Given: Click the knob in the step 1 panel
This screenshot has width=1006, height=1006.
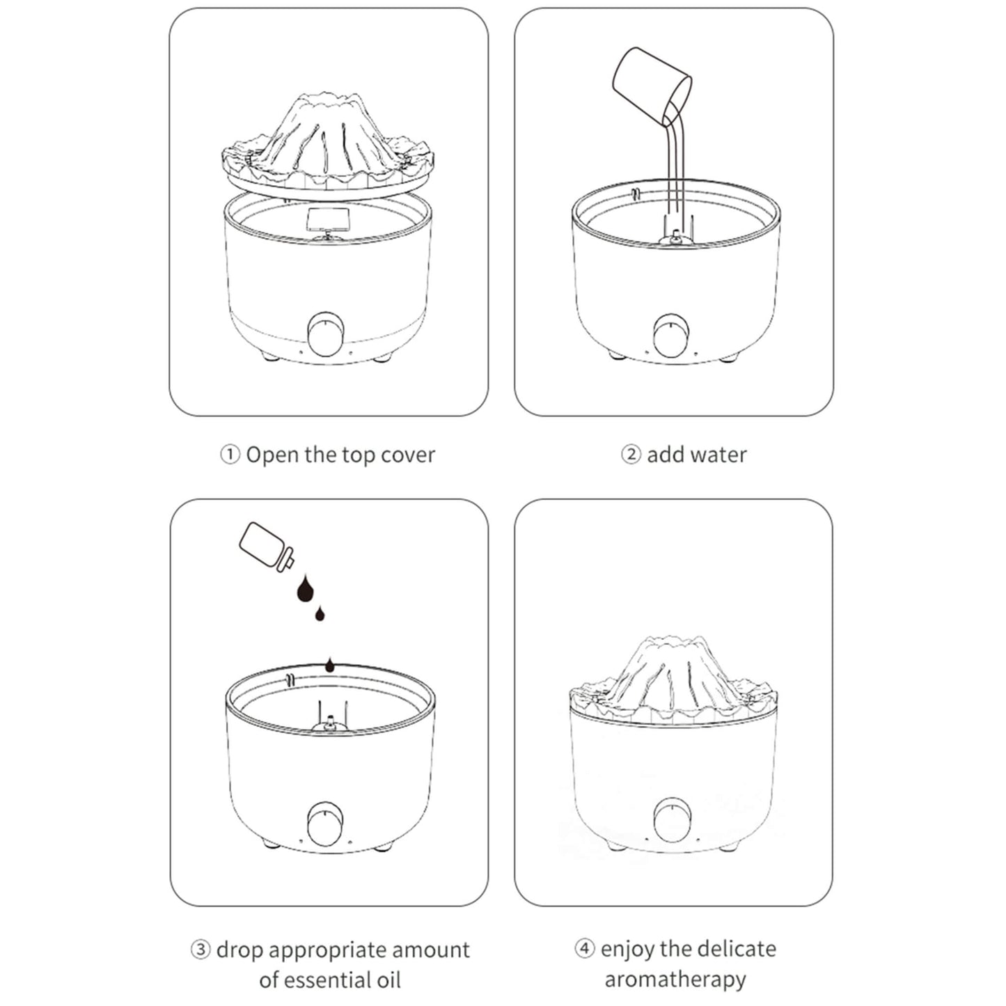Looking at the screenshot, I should click(x=326, y=336).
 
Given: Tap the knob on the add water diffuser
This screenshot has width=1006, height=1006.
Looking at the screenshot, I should click(x=673, y=336).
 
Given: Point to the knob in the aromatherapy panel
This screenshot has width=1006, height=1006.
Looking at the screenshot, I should click(x=673, y=819).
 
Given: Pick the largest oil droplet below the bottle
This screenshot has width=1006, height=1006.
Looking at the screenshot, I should click(x=305, y=590).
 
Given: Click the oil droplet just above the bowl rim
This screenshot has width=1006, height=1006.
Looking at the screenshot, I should click(x=329, y=666).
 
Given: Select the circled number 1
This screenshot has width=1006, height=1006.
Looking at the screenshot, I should click(x=230, y=455).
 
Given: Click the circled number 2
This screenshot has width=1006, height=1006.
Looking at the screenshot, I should click(x=630, y=455).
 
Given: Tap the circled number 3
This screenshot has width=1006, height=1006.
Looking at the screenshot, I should click(x=201, y=950).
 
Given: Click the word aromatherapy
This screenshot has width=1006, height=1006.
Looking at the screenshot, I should click(x=675, y=979).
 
